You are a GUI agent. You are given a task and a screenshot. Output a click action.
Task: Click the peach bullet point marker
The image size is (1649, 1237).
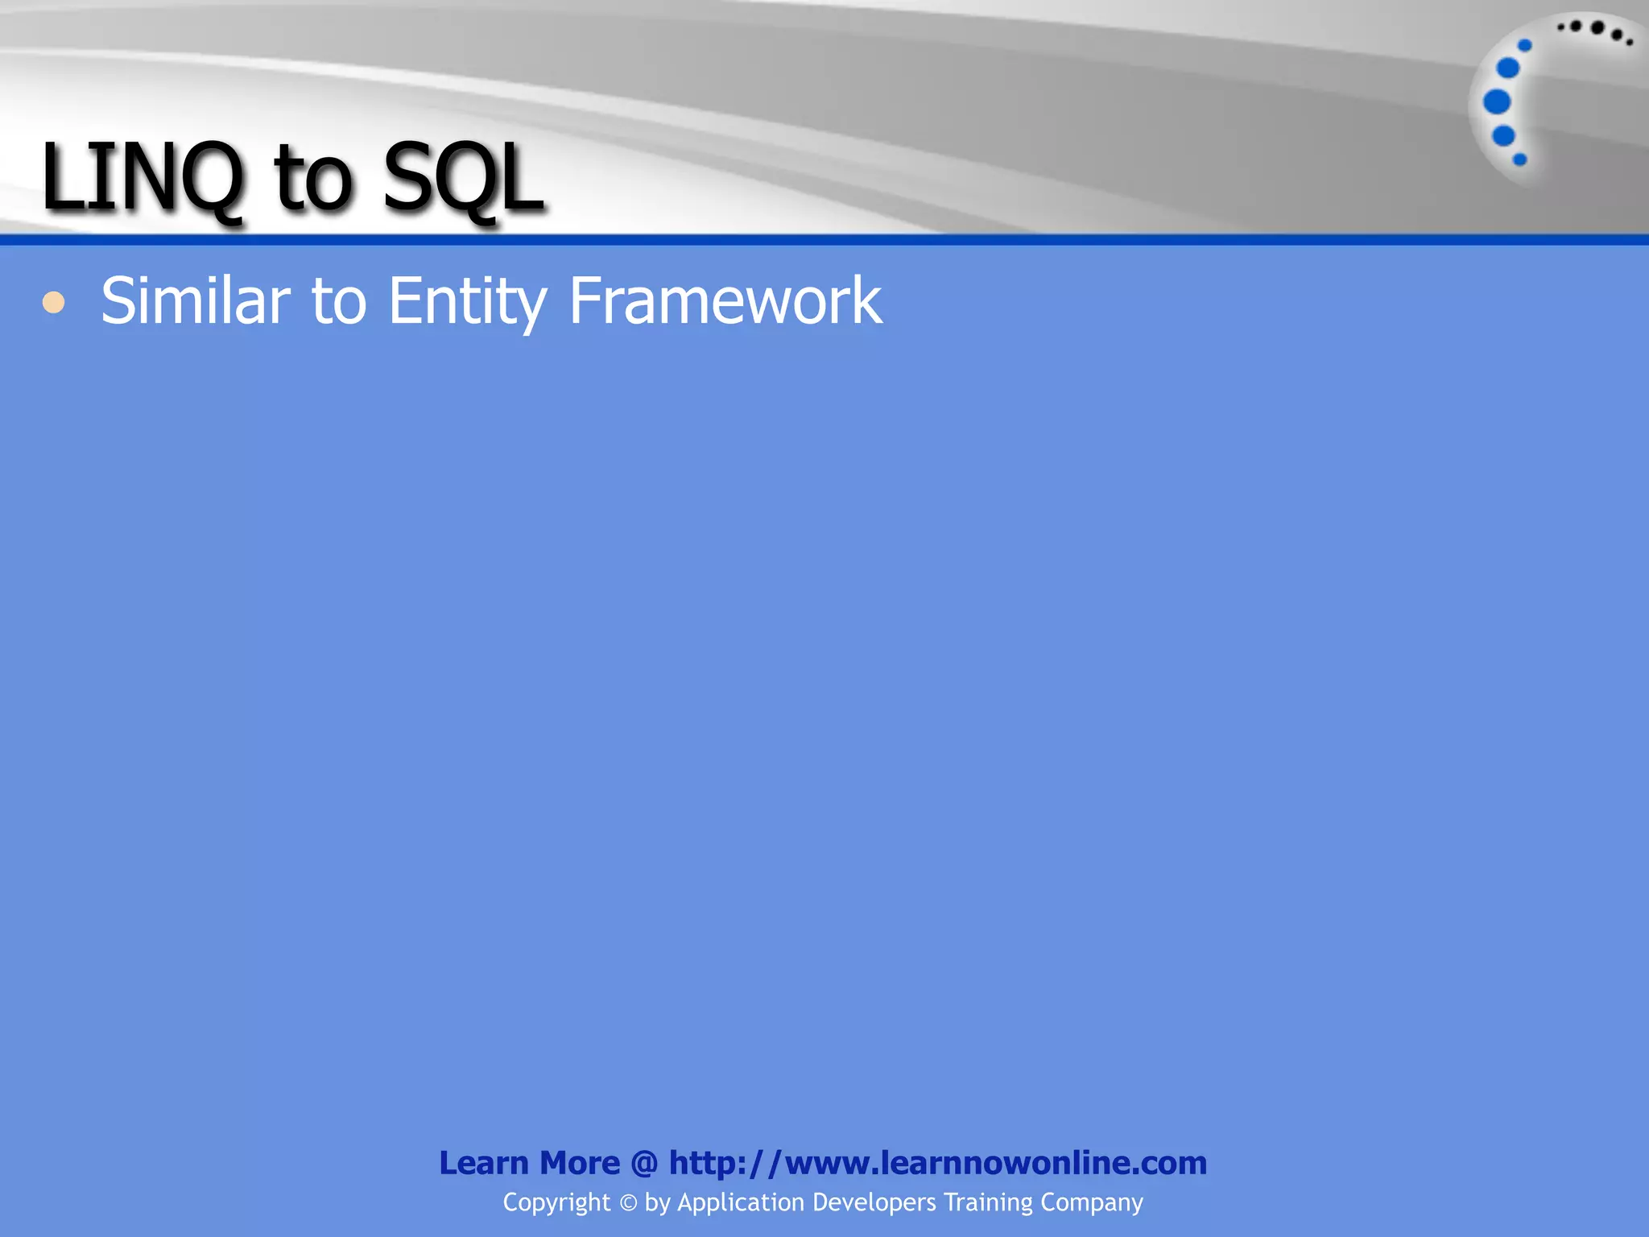click(54, 303)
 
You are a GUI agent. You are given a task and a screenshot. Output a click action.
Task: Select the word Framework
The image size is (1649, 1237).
click(725, 300)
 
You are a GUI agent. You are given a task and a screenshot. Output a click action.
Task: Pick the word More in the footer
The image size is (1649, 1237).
click(579, 1163)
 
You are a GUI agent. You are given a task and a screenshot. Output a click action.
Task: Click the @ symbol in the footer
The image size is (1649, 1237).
click(644, 1164)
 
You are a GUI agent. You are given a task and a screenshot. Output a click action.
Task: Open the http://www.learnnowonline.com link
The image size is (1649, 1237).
click(937, 1163)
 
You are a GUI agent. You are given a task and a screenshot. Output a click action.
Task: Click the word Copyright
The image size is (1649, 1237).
click(556, 1202)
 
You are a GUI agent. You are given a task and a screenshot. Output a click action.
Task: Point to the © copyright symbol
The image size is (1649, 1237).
click(628, 1203)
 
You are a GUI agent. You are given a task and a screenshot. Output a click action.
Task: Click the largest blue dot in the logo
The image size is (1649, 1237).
click(1497, 101)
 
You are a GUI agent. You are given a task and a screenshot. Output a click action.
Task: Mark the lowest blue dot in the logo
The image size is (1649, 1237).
click(1520, 159)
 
